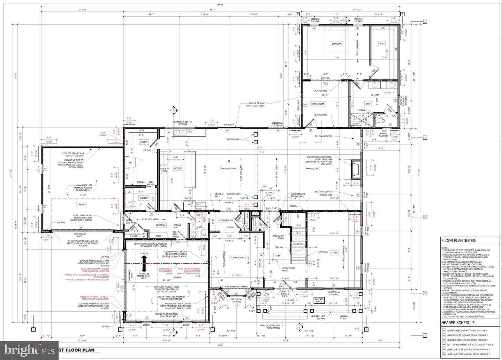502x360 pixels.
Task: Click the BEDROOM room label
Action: point(336,44)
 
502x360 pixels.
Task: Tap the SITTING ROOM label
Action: point(317,104)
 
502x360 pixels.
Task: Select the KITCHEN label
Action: point(178,168)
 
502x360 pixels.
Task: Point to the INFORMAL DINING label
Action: point(229,168)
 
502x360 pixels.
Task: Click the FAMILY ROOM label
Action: point(312,169)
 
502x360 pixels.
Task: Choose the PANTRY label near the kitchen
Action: point(144,142)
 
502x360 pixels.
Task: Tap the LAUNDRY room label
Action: point(144,198)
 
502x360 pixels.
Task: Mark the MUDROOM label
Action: point(160,225)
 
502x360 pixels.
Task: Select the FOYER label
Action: point(277,255)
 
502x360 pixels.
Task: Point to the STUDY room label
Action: point(334,253)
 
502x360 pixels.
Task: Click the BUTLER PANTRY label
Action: point(226,220)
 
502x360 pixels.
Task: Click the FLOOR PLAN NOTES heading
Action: point(459,240)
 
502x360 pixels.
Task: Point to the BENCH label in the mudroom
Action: point(159,236)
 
